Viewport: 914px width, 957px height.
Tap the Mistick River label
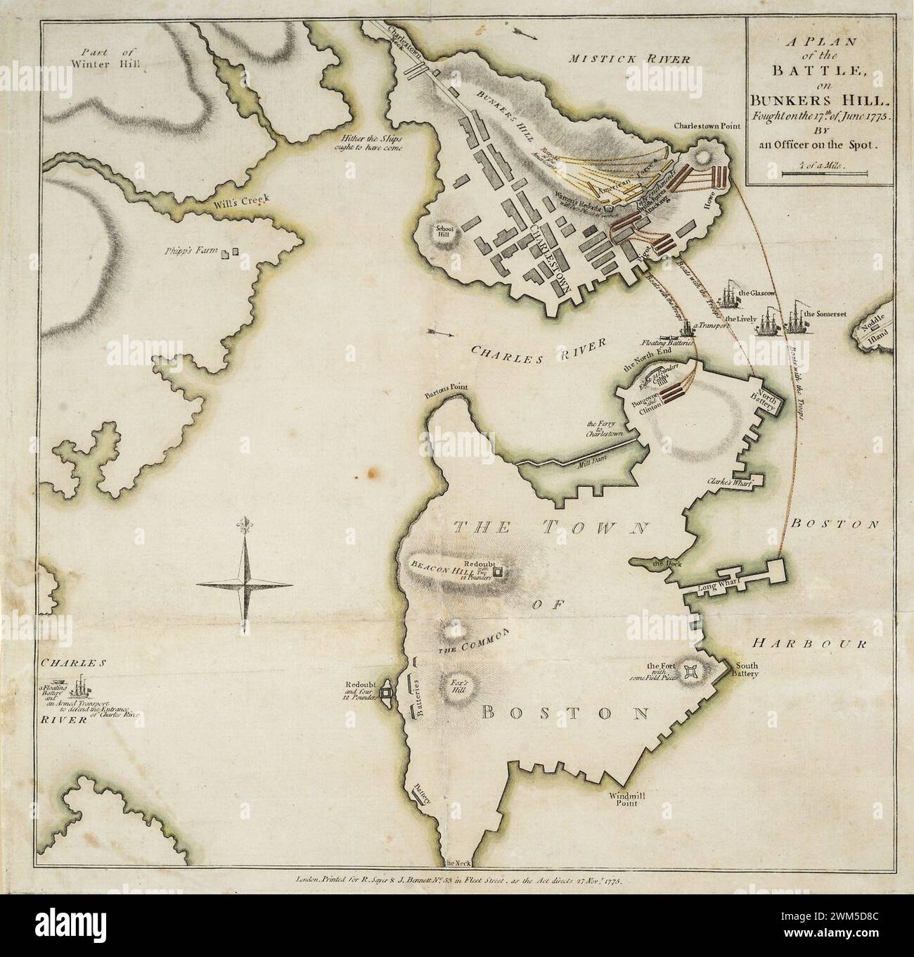tap(629, 59)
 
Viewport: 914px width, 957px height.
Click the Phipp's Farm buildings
tap(230, 252)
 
